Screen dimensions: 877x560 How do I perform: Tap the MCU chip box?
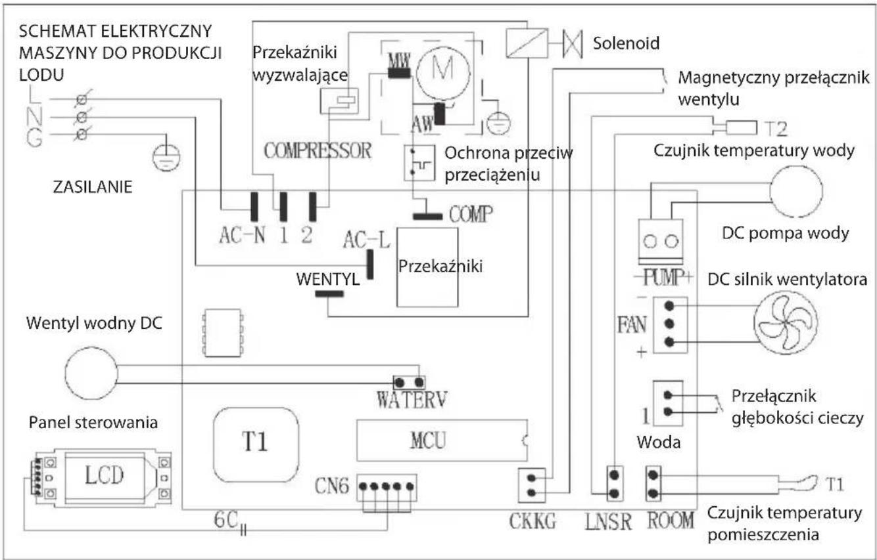pyautogui.click(x=442, y=441)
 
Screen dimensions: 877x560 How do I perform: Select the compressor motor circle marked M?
pyautogui.click(x=443, y=73)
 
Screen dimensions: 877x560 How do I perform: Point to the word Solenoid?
pyautogui.click(x=626, y=43)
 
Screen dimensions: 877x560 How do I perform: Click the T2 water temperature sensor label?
pyautogui.click(x=776, y=129)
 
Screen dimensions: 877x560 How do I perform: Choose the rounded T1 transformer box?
pyautogui.click(x=256, y=444)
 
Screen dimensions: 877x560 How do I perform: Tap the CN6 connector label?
pyautogui.click(x=331, y=486)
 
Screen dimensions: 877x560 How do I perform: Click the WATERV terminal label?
pyautogui.click(x=412, y=399)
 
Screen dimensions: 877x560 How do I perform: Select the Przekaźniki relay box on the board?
pyautogui.click(x=427, y=267)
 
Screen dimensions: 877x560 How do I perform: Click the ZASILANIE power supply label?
pyautogui.click(x=93, y=187)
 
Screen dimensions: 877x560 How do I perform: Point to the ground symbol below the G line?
pyautogui.click(x=166, y=157)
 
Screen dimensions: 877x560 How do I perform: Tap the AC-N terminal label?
pyautogui.click(x=242, y=236)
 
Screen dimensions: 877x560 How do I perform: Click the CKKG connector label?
pyautogui.click(x=532, y=521)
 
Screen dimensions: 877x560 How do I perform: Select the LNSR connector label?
pyautogui.click(x=608, y=522)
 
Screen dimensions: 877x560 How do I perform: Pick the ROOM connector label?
pyautogui.click(x=671, y=521)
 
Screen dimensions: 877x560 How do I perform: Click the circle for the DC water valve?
pyautogui.click(x=91, y=373)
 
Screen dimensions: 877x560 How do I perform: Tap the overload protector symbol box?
pyautogui.click(x=419, y=163)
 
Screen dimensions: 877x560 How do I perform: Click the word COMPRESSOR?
pyautogui.click(x=318, y=151)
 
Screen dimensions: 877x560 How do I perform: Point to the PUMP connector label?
pyautogui.click(x=663, y=278)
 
